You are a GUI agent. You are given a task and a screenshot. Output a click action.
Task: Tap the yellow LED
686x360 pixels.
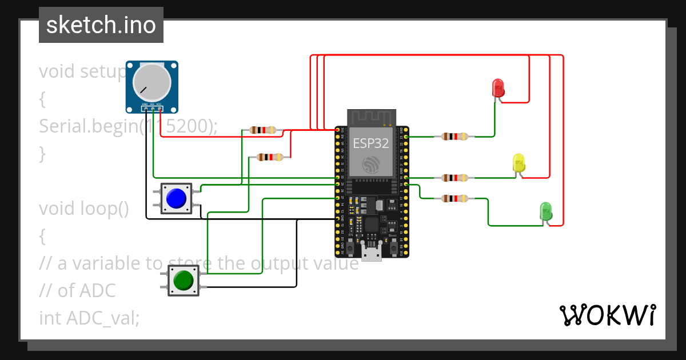(519, 163)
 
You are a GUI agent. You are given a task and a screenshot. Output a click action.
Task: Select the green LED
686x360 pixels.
(546, 211)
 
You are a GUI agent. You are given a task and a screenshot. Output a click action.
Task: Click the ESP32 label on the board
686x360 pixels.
(371, 143)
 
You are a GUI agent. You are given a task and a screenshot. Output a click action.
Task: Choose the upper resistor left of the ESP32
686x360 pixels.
(263, 130)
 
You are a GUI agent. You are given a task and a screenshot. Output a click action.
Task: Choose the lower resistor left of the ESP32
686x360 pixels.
(269, 157)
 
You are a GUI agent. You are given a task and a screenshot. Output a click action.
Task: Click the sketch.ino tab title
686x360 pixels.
(101, 25)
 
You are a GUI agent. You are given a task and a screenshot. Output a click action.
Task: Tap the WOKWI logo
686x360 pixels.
(607, 315)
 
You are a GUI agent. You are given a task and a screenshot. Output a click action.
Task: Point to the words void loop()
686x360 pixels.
(84, 209)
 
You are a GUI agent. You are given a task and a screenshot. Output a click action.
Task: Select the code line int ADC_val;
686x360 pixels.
(89, 318)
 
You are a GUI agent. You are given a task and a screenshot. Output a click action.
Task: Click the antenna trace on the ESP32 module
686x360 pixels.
(372, 118)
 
